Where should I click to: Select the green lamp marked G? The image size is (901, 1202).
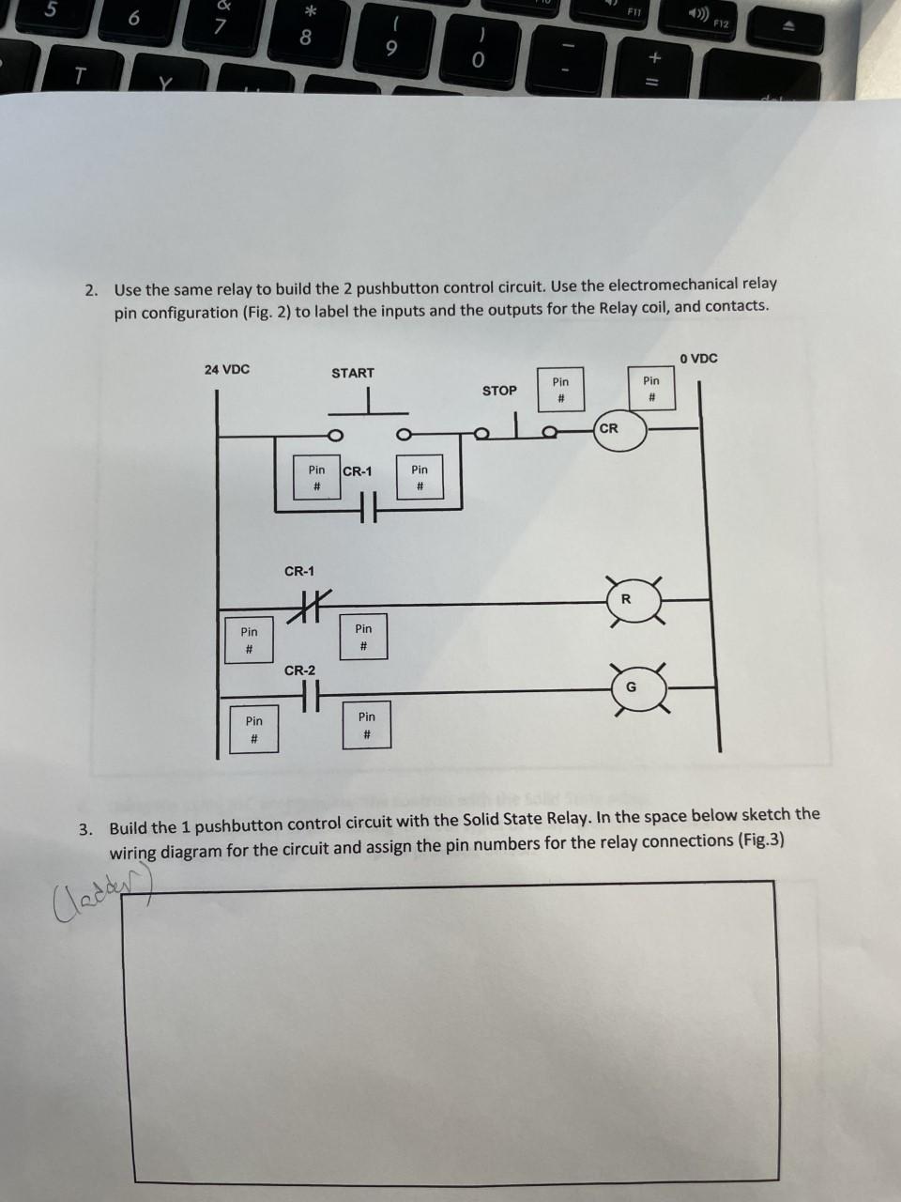631,687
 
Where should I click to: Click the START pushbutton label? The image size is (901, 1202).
353,373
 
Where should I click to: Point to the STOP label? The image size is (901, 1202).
499,391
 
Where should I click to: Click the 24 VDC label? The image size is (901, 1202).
227,369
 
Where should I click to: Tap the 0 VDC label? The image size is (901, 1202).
699,358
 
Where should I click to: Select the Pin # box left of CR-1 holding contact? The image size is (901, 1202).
317,477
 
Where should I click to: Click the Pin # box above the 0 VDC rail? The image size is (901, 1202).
651,390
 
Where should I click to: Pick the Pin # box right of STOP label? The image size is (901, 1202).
560,390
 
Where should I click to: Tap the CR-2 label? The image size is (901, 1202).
300,670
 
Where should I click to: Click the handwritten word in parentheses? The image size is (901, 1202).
84,886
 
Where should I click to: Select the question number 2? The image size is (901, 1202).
90,289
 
